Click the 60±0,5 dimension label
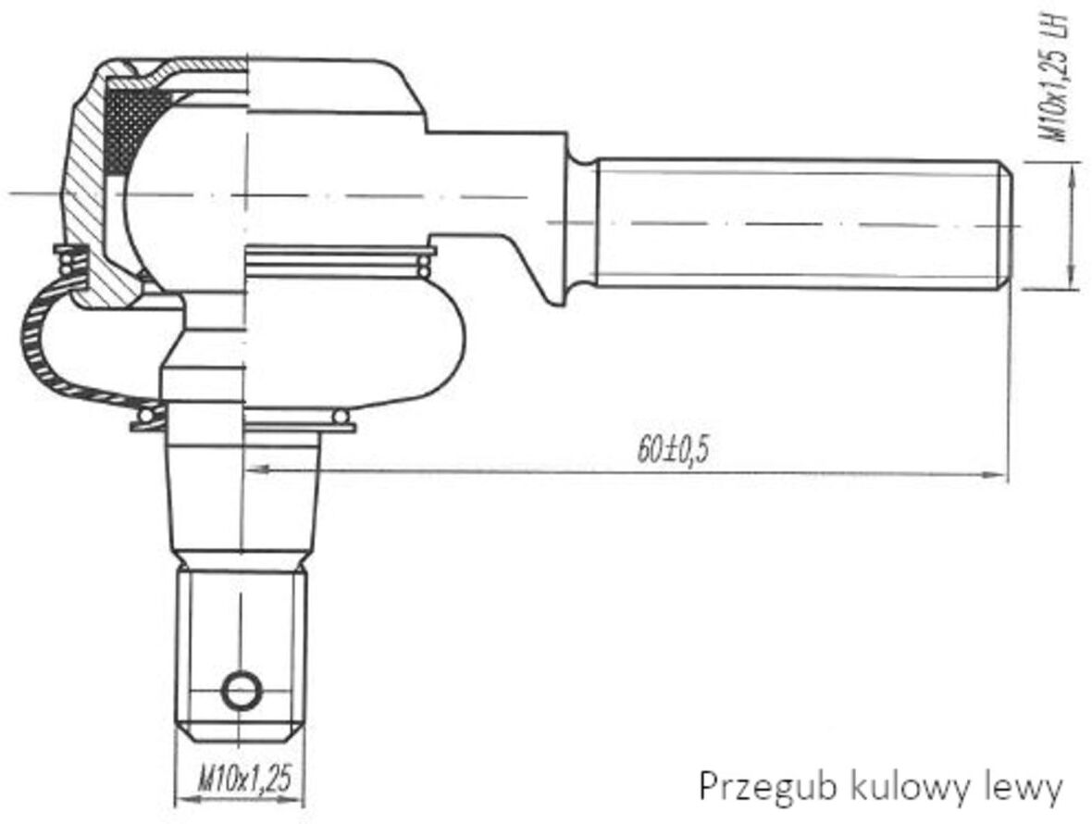coord(672,450)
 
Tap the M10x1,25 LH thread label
coord(1055,77)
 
